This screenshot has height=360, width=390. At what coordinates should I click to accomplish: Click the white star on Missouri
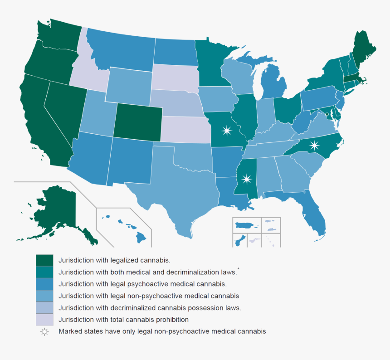click(226, 131)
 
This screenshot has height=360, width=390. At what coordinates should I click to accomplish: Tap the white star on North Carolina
click(314, 146)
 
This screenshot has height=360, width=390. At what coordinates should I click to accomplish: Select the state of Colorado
click(137, 121)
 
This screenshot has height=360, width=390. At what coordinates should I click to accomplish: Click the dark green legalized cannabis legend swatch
click(44, 260)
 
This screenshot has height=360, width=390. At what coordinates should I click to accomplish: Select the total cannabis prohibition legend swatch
click(44, 320)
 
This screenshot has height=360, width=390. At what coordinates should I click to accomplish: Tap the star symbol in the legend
click(44, 331)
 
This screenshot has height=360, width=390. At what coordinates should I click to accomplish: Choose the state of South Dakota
click(175, 78)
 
